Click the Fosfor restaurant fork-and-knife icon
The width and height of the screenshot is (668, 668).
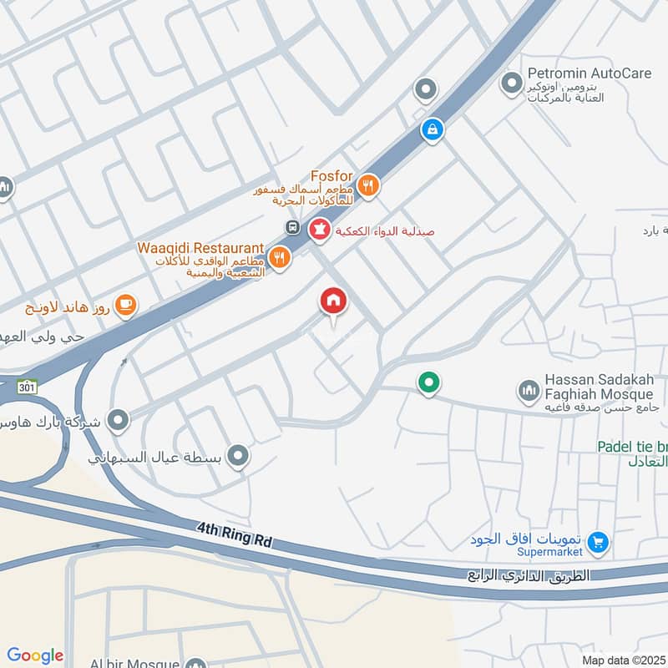(x=369, y=186)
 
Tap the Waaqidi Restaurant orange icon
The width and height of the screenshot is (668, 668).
(x=280, y=258)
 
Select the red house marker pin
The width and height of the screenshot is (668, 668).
(x=333, y=301)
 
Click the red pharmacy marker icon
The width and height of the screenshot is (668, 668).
(x=319, y=230)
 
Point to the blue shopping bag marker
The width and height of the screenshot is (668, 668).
(x=432, y=129)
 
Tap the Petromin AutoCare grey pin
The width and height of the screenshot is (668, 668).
(x=509, y=83)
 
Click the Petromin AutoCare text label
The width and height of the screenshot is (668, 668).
(x=589, y=73)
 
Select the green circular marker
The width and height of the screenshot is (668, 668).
(x=428, y=382)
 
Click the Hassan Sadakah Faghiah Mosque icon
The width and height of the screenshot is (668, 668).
(x=528, y=390)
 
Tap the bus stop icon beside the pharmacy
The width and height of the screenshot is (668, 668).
(x=293, y=227)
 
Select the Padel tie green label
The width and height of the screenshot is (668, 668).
(x=633, y=447)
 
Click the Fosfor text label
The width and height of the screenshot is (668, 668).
(x=333, y=176)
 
